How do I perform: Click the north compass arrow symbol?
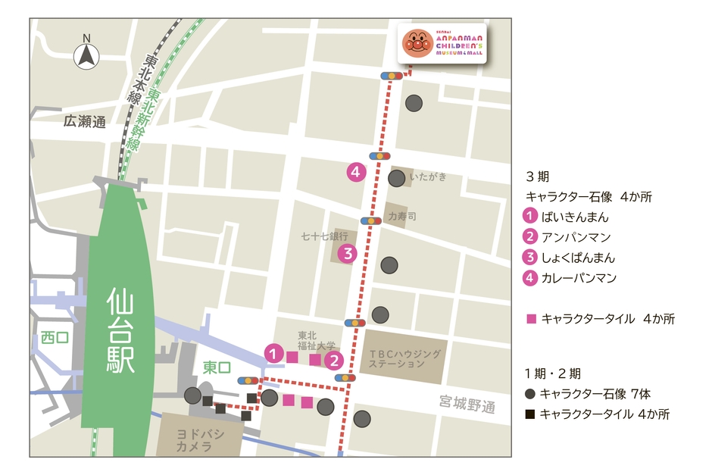[86, 55]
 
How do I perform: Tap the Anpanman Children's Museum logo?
[442, 44]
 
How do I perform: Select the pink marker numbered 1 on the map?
[274, 352]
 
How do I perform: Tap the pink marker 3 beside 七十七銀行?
[347, 253]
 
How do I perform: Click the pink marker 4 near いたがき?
[355, 172]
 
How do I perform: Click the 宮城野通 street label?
[467, 405]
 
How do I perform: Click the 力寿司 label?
[402, 216]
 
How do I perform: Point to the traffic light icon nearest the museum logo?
[391, 76]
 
